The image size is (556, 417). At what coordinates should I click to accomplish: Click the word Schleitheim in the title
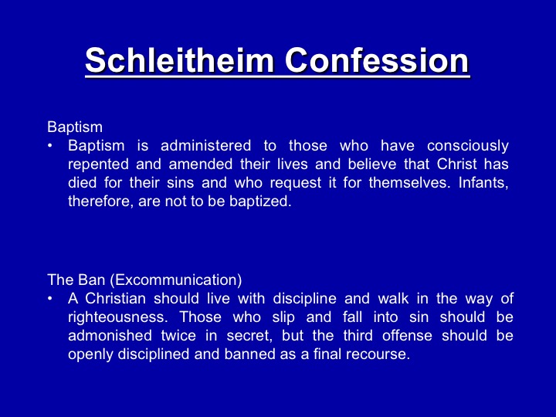179,59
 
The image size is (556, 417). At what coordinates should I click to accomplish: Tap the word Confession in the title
377,59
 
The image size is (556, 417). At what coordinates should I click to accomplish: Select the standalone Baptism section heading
75,127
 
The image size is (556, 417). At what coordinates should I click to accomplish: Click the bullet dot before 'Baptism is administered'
50,145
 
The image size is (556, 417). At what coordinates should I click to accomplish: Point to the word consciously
468,146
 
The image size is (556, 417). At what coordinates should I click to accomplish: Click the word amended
200,164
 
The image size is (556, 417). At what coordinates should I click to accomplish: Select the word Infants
483,183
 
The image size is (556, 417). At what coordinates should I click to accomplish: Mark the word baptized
260,202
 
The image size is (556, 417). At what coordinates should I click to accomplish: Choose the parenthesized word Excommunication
176,280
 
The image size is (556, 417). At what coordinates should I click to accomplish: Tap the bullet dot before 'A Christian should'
50,298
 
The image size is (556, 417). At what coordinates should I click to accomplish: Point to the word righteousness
118,317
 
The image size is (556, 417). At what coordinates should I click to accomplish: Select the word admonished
110,335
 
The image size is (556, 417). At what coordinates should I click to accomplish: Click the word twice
178,335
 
